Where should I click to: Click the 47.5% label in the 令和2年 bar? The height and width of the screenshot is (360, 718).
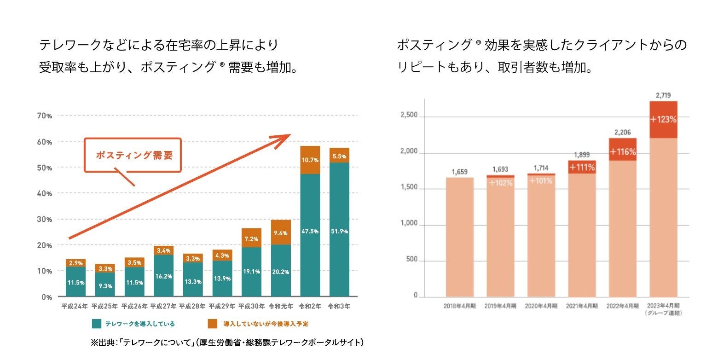pos(310,232)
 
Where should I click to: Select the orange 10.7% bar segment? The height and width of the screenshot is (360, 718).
pos(310,160)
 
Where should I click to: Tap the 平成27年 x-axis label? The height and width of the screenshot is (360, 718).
pos(163,306)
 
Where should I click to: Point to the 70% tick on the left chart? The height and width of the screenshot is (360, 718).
pos(45,116)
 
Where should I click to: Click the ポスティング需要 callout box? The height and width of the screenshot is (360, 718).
pos(133,155)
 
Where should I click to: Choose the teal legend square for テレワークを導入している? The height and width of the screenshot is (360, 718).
pos(97,324)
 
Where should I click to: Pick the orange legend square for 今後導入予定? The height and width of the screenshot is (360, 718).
pos(212,324)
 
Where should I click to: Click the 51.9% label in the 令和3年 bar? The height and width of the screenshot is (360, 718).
pos(339,232)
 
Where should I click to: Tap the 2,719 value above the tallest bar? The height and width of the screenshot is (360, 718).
pos(663,96)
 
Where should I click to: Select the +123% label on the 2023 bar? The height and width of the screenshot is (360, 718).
pos(663,120)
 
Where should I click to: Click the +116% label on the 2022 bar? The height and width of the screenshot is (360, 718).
pos(623,152)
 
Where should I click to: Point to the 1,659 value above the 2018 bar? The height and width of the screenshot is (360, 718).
pos(459,172)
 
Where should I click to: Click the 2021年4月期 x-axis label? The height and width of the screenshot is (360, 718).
pos(582,306)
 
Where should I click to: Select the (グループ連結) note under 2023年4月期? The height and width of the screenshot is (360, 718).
pos(663,313)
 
